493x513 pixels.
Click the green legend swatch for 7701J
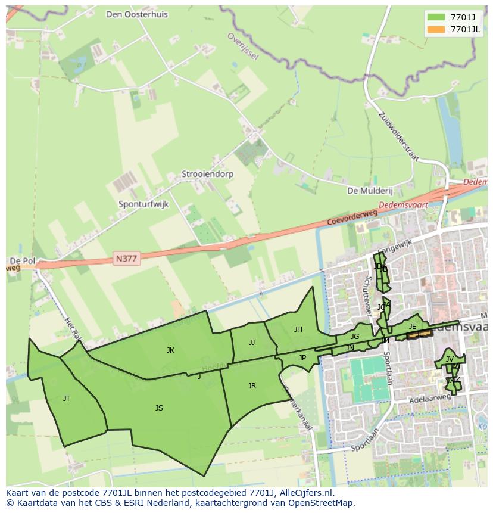click(436, 17)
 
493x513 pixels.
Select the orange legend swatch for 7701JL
click(436, 29)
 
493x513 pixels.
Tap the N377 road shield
click(126, 259)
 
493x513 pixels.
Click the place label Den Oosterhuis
click(137, 14)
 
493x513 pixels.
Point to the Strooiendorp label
click(208, 175)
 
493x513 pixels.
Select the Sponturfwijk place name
click(143, 204)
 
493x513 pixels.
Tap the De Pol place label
click(22, 261)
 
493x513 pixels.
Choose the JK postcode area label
click(171, 350)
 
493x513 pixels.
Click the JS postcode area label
click(159, 408)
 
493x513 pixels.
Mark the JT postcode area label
click(67, 399)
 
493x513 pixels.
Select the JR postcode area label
click(252, 386)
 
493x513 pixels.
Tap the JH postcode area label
click(298, 329)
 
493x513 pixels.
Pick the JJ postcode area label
click(252, 343)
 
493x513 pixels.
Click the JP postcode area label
click(302, 358)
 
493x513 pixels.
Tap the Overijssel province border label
click(242, 46)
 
